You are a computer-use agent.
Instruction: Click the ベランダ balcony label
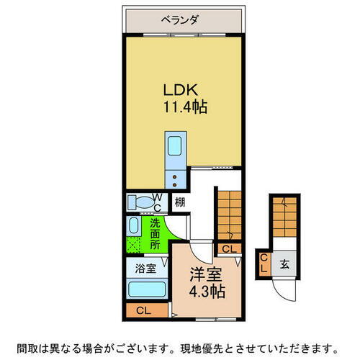pos(185,20)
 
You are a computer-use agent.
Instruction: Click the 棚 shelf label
pos(180,202)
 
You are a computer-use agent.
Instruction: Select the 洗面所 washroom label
pos(156,233)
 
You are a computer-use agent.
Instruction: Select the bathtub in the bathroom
pos(147,291)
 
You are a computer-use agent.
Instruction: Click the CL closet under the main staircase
pos(228,249)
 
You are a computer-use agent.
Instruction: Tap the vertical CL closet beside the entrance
pos(264,263)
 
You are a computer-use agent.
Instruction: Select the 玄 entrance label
pos(285,263)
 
